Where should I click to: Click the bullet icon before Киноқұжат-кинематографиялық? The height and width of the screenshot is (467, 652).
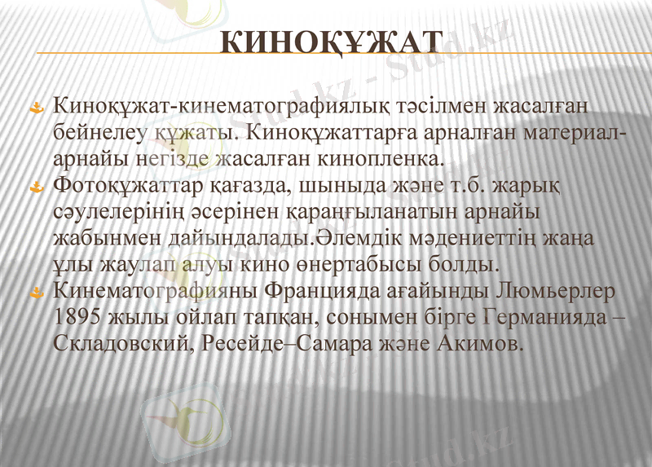pyautogui.click(x=36, y=107)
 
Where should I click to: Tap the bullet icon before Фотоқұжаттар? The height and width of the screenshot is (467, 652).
pyautogui.click(x=36, y=188)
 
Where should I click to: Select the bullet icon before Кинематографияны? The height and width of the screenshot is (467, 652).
pyautogui.click(x=36, y=291)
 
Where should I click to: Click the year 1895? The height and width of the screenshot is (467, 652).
pyautogui.click(x=79, y=317)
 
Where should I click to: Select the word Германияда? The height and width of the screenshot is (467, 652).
pyautogui.click(x=544, y=317)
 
